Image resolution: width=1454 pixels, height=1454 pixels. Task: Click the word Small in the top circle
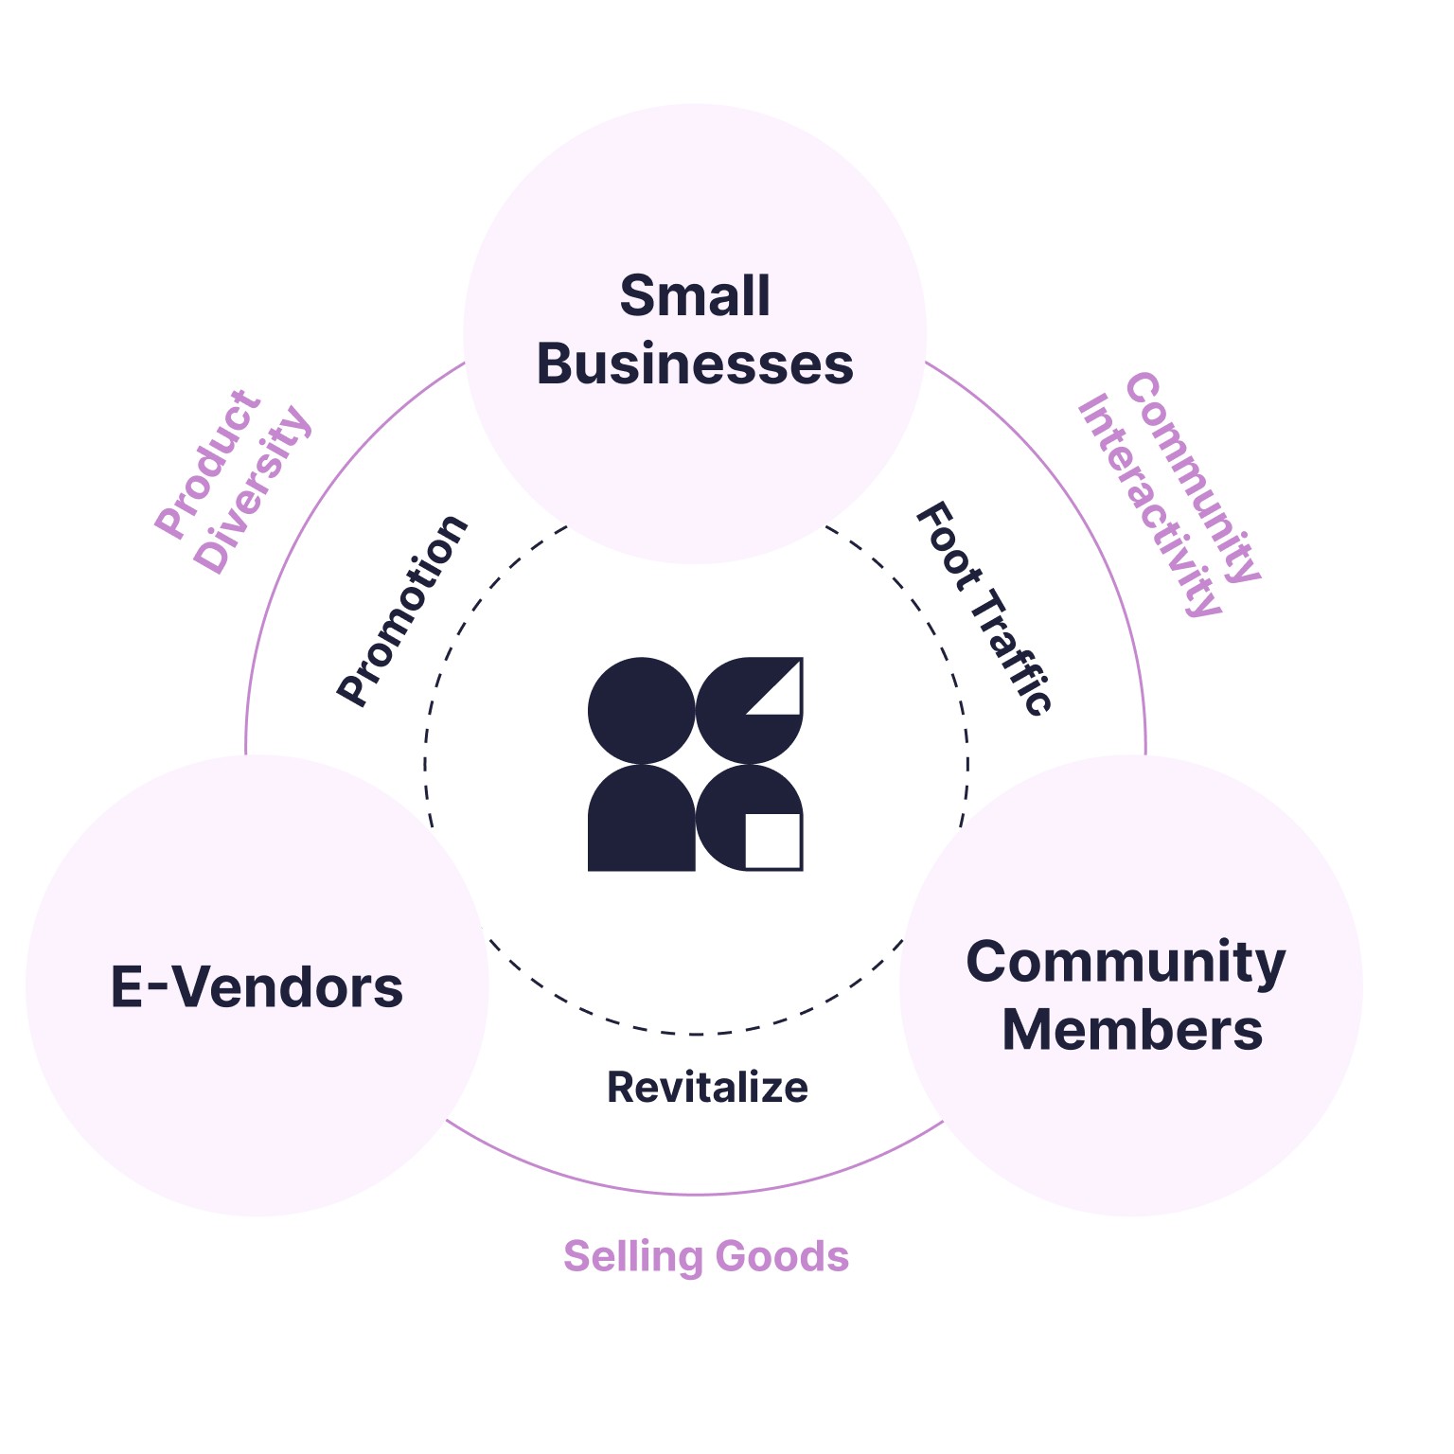click(695, 296)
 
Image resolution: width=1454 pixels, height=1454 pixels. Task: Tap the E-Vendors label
click(257, 987)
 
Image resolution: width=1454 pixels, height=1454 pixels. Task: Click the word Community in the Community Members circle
click(1126, 963)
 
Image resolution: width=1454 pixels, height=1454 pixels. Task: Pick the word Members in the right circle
click(1132, 1030)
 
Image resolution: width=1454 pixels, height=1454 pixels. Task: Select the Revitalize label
click(707, 1088)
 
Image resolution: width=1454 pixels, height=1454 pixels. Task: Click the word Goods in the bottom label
click(782, 1257)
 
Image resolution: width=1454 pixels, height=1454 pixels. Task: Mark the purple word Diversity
click(253, 489)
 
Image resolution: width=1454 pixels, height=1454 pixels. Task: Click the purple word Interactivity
click(1149, 506)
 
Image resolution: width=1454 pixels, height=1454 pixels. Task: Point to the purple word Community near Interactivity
click(1193, 478)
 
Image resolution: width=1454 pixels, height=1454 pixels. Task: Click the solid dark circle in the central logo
click(642, 711)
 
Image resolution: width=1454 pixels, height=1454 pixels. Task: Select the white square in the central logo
click(772, 840)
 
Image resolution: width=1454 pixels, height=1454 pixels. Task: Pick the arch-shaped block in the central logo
click(642, 820)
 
